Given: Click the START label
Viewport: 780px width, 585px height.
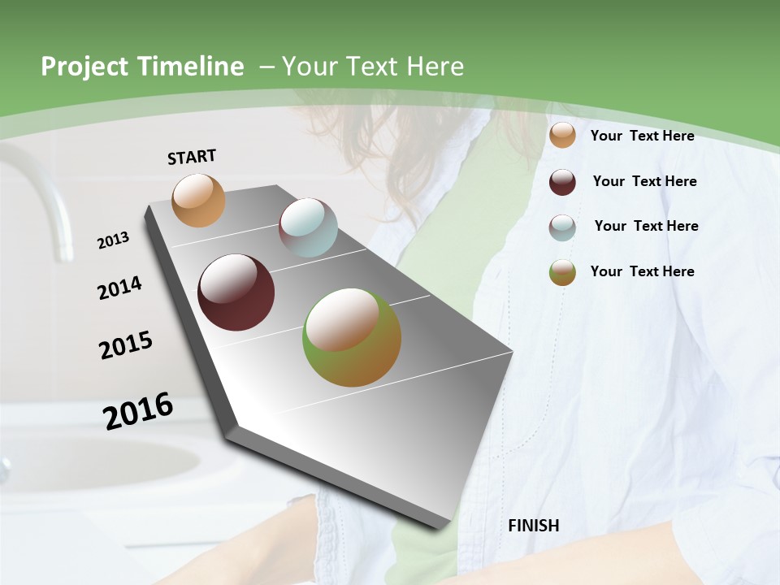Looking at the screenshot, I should [192, 157].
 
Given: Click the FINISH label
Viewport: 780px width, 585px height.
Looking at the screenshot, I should [533, 526].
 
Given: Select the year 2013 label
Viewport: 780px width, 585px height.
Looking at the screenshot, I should [113, 240].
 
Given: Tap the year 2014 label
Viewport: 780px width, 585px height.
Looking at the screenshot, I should [119, 288].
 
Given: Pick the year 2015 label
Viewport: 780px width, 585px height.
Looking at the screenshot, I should [126, 345].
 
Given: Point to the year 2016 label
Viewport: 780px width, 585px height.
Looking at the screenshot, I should [138, 411].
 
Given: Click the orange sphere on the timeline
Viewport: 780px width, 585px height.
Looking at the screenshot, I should [198, 200].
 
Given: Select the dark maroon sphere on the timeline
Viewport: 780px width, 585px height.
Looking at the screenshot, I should [236, 292].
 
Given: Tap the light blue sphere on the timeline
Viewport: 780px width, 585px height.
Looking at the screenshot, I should [308, 227].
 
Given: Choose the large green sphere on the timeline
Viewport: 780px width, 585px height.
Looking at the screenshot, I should [352, 337].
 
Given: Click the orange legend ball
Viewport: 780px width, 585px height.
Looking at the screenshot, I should [562, 136].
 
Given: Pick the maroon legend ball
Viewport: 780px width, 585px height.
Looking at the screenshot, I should [562, 182].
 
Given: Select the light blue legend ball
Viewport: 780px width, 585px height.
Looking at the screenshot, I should [562, 227].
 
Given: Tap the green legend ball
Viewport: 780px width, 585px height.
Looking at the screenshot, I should [562, 272].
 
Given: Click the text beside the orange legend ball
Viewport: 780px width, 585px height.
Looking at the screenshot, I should [642, 136].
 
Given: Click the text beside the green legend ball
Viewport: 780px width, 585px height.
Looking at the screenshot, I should [642, 271].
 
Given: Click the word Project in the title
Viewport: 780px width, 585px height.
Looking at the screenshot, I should [83, 67].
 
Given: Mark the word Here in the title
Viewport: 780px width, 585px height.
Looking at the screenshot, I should [434, 67].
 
